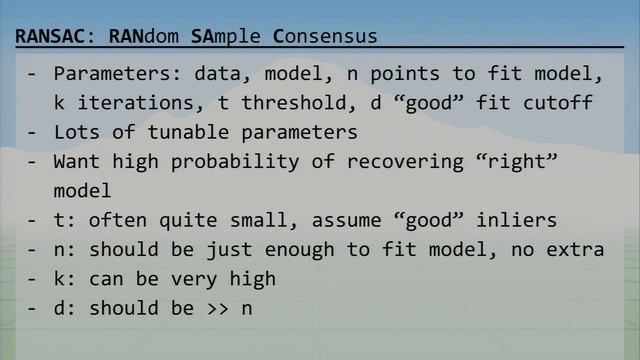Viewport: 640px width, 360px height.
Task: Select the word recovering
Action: tap(381, 161)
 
